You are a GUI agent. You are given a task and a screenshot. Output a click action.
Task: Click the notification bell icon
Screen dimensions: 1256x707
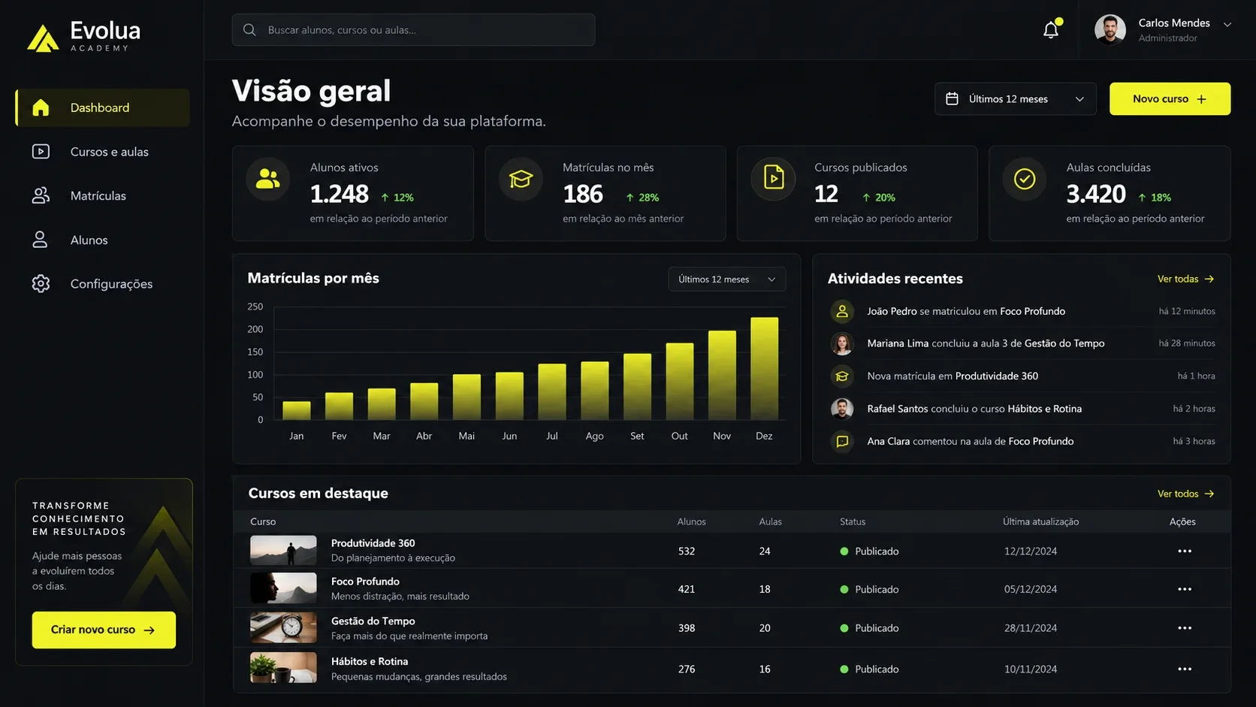(1051, 30)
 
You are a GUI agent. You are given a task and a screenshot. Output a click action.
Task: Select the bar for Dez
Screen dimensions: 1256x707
(764, 368)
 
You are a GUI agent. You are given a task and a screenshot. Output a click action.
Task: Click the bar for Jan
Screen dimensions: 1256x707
(297, 410)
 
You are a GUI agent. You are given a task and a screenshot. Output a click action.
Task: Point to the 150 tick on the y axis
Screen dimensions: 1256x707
(255, 352)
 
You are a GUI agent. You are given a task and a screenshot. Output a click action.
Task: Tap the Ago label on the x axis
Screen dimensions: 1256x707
(594, 437)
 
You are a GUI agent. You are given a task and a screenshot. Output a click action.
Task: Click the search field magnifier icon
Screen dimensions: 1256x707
(249, 30)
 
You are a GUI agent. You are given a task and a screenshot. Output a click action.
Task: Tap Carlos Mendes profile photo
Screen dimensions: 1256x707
(1110, 30)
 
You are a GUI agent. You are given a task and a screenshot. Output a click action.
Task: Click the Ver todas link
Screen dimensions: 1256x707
(1185, 279)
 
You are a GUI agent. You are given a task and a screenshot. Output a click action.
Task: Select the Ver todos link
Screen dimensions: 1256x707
(1185, 494)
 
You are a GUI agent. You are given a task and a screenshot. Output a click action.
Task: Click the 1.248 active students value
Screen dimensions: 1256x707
(340, 194)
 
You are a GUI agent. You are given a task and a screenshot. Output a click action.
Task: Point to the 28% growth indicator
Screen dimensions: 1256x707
(642, 198)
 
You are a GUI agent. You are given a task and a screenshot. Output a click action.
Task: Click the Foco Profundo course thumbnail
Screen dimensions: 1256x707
(283, 588)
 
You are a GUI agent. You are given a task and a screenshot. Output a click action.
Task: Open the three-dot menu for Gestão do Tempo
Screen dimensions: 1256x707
(1184, 628)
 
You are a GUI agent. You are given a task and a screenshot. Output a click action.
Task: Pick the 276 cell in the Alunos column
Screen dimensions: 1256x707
(687, 669)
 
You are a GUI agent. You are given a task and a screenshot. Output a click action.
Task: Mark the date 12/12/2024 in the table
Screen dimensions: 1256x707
(1031, 551)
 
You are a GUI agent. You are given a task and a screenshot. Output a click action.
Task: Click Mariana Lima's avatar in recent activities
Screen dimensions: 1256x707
(841, 343)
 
